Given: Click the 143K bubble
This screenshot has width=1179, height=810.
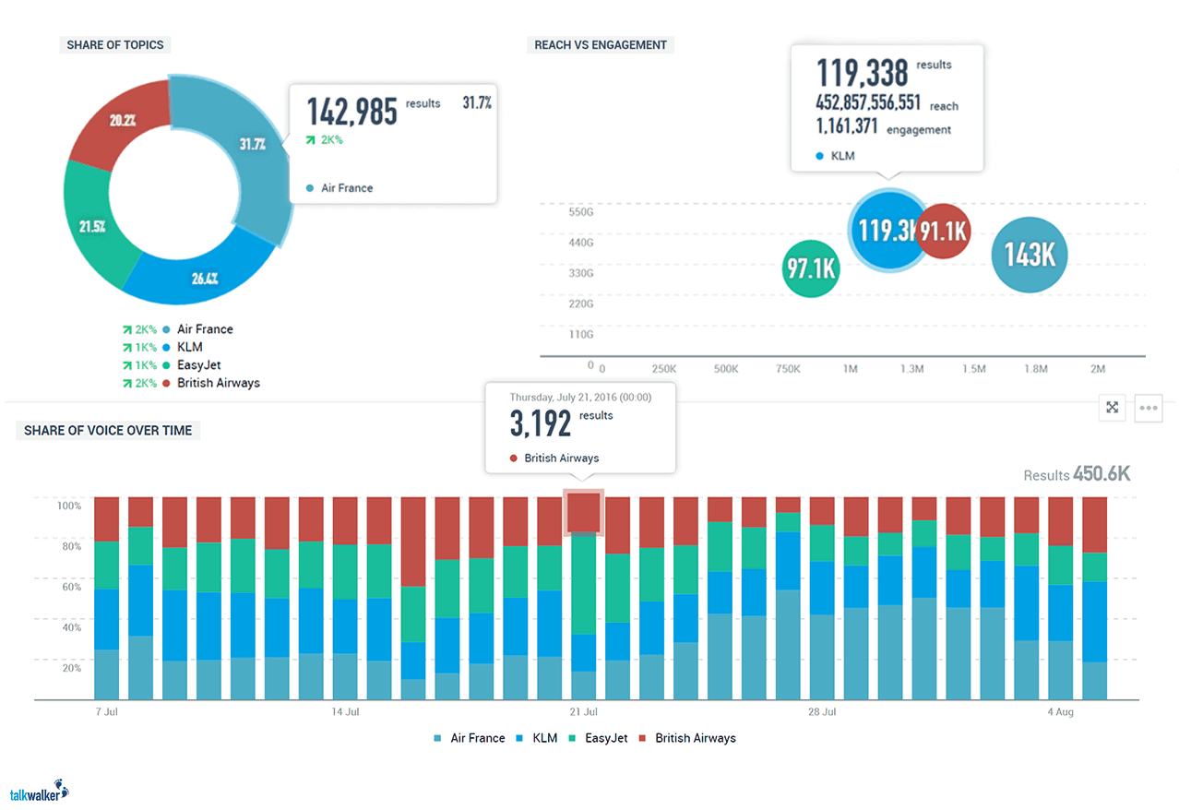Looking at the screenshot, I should click(x=1029, y=255).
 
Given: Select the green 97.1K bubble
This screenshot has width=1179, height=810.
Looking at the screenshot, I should click(x=810, y=268).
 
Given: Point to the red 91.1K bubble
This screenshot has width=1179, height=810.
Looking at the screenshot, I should click(x=944, y=231).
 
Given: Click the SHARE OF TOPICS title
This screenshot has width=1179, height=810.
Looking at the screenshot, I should click(x=115, y=44).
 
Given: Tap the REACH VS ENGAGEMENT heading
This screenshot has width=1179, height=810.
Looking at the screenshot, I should click(x=600, y=44).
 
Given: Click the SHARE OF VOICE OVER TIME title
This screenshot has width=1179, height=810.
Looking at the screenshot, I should click(x=108, y=430).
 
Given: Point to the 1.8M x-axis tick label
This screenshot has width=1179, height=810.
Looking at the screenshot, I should click(x=1035, y=369).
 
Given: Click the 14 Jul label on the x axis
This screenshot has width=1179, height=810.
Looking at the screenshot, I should click(x=345, y=712).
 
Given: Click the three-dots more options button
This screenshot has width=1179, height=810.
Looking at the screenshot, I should click(x=1149, y=408).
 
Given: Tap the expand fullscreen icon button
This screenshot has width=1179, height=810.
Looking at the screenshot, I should click(x=1113, y=408).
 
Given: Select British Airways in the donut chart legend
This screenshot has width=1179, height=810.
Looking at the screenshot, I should click(x=218, y=383).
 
